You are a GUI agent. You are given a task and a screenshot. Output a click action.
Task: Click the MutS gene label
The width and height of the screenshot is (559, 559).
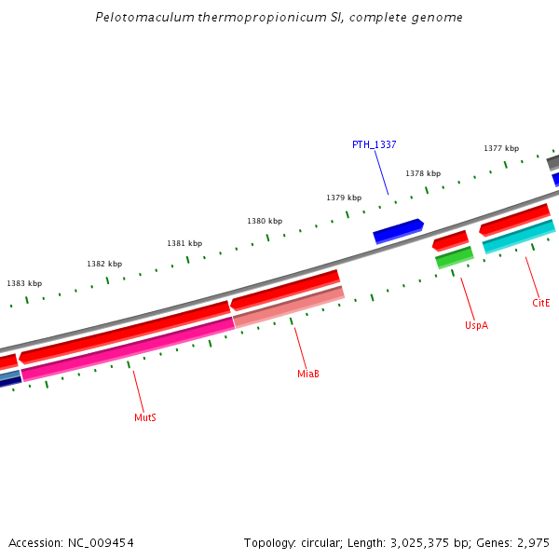coord(144,417)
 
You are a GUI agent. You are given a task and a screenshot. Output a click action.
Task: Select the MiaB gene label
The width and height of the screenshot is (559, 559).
coord(308,374)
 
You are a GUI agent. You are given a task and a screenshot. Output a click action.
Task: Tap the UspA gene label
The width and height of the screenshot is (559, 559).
coord(476,325)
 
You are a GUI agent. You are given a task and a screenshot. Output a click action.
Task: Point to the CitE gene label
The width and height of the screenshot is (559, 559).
coord(541,303)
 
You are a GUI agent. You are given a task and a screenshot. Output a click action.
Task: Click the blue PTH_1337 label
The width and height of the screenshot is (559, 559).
coord(374,144)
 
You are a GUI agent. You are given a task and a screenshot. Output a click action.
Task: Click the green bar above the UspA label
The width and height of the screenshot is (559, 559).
coord(455,258)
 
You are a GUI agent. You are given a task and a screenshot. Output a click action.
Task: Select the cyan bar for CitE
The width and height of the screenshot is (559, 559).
coord(518,237)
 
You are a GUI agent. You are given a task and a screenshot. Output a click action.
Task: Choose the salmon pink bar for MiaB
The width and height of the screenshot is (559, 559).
coord(289,307)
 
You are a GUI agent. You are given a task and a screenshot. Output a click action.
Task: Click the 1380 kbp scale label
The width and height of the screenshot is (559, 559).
coord(265,221)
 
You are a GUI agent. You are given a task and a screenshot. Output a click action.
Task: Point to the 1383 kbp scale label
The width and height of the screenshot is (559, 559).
coord(24,283)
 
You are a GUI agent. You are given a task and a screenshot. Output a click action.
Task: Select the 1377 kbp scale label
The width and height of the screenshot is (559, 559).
coord(501,148)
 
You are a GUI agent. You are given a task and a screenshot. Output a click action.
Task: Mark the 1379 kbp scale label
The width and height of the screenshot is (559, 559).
coord(344,198)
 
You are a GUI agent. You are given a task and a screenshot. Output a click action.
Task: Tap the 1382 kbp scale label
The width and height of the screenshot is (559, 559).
coord(104,264)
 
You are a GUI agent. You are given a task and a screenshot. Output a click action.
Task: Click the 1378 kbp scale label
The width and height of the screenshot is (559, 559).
coord(423,173)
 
